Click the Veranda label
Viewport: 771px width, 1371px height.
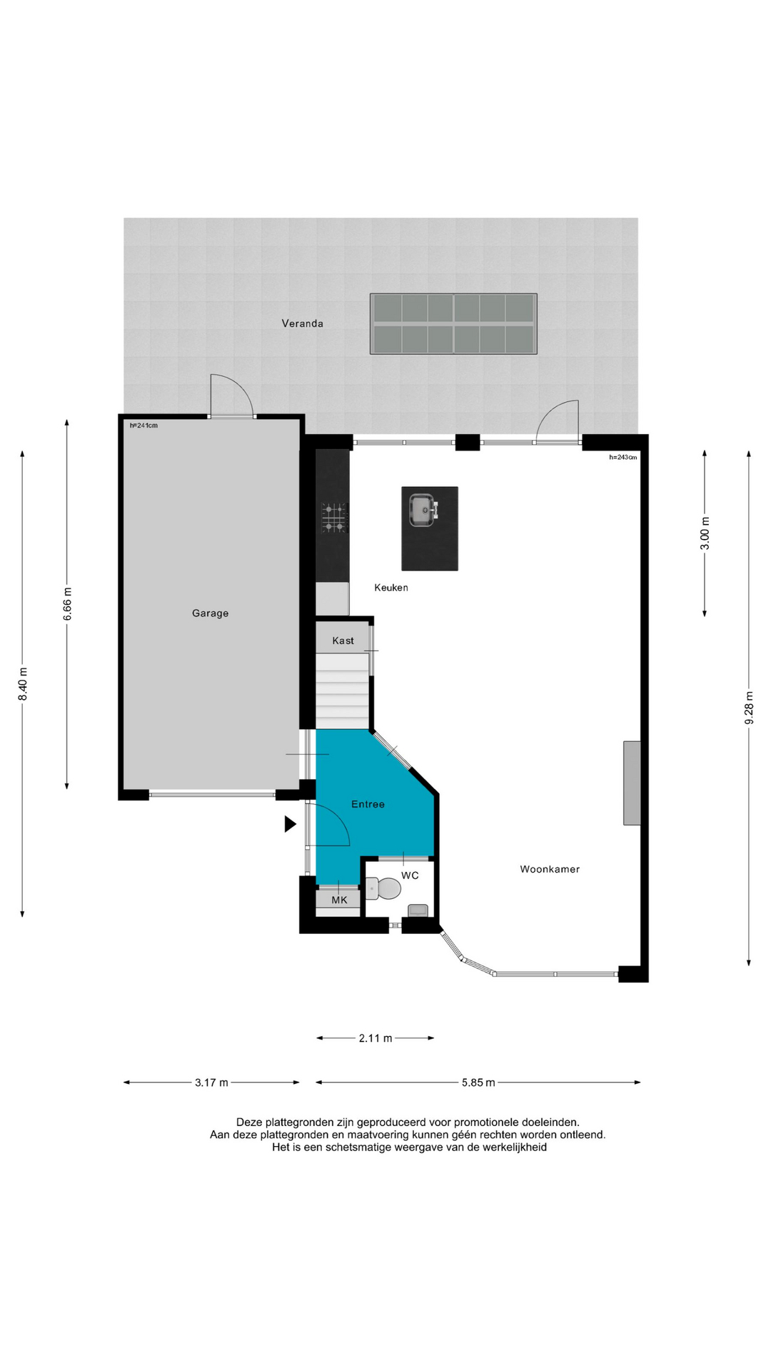(x=302, y=323)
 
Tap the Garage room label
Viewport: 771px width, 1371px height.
(x=210, y=613)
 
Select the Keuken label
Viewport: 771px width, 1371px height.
(x=391, y=588)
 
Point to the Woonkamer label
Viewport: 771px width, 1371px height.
(x=550, y=869)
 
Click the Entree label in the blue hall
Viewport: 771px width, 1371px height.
(x=368, y=804)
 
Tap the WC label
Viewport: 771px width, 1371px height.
(x=410, y=875)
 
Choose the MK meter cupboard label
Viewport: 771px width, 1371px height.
(x=339, y=900)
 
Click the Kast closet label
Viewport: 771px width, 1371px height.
(x=343, y=641)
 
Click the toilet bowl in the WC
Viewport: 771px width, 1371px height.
(x=383, y=889)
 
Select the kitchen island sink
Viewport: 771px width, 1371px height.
(x=423, y=510)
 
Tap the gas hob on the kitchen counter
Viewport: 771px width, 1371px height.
(x=333, y=518)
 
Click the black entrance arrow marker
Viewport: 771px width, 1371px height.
(x=290, y=824)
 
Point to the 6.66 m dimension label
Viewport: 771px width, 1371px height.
(x=68, y=604)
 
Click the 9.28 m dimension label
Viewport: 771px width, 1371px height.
(x=749, y=708)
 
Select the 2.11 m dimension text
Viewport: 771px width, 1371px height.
(x=376, y=1038)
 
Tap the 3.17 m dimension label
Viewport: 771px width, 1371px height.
(x=211, y=1083)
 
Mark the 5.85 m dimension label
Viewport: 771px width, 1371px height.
(x=478, y=1083)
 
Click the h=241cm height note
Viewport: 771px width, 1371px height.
(x=143, y=426)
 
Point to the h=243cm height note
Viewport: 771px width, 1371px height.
(x=623, y=457)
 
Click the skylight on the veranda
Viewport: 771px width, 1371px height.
(x=453, y=323)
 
